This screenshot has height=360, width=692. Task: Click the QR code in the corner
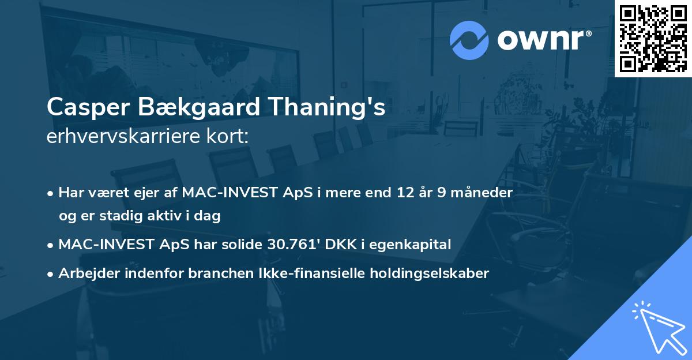point(653,38)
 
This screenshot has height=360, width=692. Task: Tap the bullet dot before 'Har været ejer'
point(51,193)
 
